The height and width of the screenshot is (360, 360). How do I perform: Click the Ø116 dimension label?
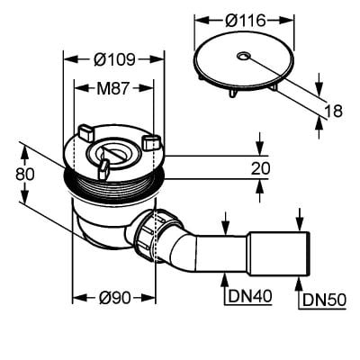click(x=246, y=21)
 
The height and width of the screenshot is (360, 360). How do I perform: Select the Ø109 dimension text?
click(x=114, y=59)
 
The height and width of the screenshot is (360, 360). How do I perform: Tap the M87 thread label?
click(x=112, y=88)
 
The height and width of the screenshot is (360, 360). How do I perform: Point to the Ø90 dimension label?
click(x=114, y=298)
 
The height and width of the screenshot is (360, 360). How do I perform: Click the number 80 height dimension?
click(x=25, y=174)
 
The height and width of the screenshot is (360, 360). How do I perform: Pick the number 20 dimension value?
click(x=260, y=168)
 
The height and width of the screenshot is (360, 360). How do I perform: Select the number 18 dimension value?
click(x=333, y=111)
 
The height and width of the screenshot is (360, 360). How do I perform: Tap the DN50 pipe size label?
click(x=324, y=300)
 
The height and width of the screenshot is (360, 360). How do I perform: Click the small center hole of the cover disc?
click(x=243, y=56)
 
